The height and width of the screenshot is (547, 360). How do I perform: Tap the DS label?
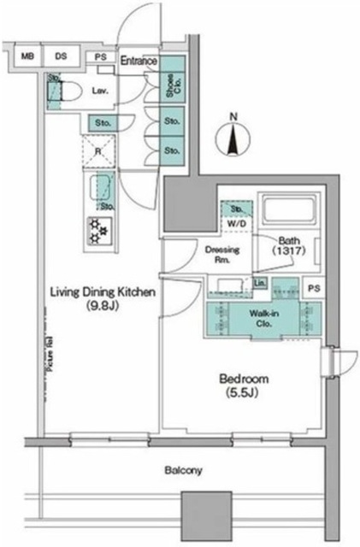pos(61,57)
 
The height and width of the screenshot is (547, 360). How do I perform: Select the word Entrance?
pos(138,61)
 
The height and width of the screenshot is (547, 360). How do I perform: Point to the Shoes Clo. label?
pos(172,85)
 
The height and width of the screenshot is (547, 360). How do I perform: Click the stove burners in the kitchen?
pos(98,230)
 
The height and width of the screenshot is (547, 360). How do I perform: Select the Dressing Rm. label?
pos(222,254)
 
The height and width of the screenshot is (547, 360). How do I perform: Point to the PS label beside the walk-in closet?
pos(314,290)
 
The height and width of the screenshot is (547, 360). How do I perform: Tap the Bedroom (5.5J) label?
pos(245,384)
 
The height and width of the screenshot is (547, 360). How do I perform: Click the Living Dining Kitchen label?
pos(101,297)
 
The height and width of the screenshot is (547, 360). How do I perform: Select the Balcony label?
pos(183,470)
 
